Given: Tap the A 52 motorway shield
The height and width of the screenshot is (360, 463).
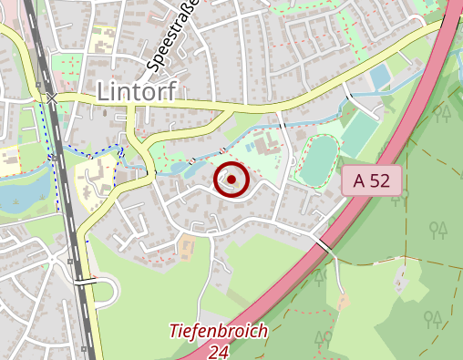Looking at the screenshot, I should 372,180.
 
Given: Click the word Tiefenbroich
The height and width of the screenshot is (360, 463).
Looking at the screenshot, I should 219,332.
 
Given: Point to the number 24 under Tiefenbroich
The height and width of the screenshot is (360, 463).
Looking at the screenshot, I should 218,351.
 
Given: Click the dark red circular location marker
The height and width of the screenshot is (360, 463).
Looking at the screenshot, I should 231,180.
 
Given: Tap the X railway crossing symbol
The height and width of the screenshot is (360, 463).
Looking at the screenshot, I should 52,97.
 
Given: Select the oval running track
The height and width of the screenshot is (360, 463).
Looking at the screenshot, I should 316,160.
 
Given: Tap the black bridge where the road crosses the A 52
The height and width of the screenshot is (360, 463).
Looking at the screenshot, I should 324,245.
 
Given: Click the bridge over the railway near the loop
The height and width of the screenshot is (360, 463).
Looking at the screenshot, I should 84,282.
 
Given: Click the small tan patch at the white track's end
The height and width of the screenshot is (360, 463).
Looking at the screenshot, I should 343,300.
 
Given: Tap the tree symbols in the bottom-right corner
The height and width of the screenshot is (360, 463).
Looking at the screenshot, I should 433,319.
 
